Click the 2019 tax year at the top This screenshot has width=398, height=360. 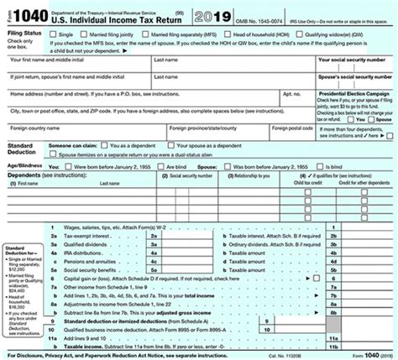(x=215, y=16)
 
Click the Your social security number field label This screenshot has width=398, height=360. (x=353, y=60)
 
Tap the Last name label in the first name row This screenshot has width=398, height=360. (x=165, y=60)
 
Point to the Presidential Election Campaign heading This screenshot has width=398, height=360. (x=353, y=93)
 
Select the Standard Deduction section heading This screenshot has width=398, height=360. (x=22, y=149)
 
